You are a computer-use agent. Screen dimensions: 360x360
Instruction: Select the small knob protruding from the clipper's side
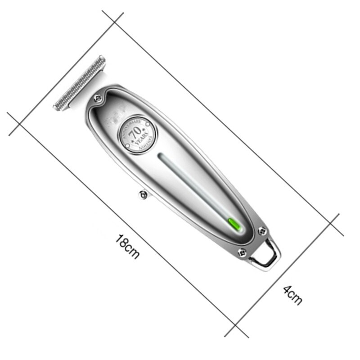point(143,194)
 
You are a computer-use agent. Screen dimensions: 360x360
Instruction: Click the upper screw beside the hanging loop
point(262,231)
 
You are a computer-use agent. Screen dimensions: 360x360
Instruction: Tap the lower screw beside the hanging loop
point(242,253)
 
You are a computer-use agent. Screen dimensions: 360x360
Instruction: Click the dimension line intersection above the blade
point(113,20)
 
